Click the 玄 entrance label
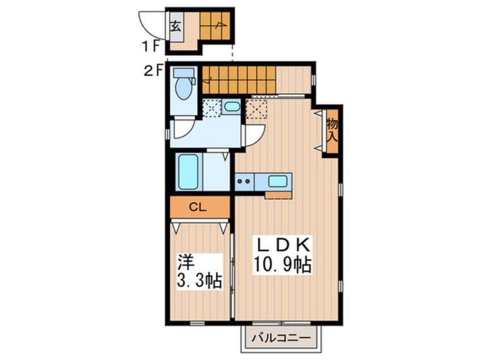point(176,26)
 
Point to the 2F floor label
point(153,71)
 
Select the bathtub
point(188,172)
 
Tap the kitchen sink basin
point(277,181)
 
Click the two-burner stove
point(244,181)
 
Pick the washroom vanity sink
point(231,107)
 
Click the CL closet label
point(197,207)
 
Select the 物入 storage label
point(332,131)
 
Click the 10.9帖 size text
point(282,265)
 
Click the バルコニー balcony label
point(281,338)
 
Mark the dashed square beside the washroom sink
point(212,108)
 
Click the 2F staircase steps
point(239,80)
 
